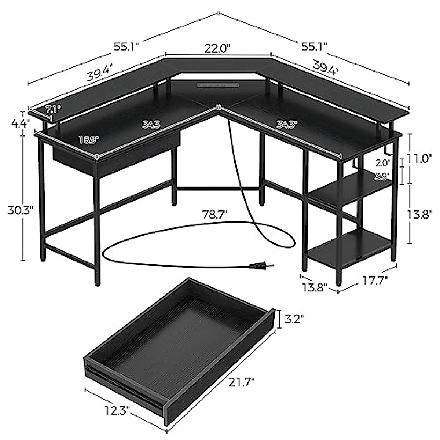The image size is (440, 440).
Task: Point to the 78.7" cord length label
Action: (214, 213)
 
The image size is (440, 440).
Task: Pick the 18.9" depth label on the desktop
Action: (88, 139)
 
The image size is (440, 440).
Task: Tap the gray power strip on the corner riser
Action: (216, 85)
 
